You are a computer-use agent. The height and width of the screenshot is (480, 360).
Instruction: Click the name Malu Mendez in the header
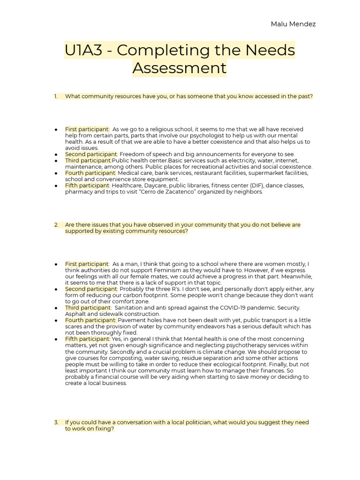[x=293, y=24]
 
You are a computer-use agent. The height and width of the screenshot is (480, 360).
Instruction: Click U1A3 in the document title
[x=83, y=50]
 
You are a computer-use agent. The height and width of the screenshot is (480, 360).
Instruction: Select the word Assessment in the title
[x=180, y=68]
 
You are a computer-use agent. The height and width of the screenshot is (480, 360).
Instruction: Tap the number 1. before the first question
[x=56, y=97]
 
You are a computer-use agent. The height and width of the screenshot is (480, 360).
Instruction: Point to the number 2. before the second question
[x=56, y=225]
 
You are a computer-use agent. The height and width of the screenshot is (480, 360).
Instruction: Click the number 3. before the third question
[x=56, y=422]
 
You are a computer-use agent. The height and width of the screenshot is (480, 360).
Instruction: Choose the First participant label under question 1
[x=87, y=129]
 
